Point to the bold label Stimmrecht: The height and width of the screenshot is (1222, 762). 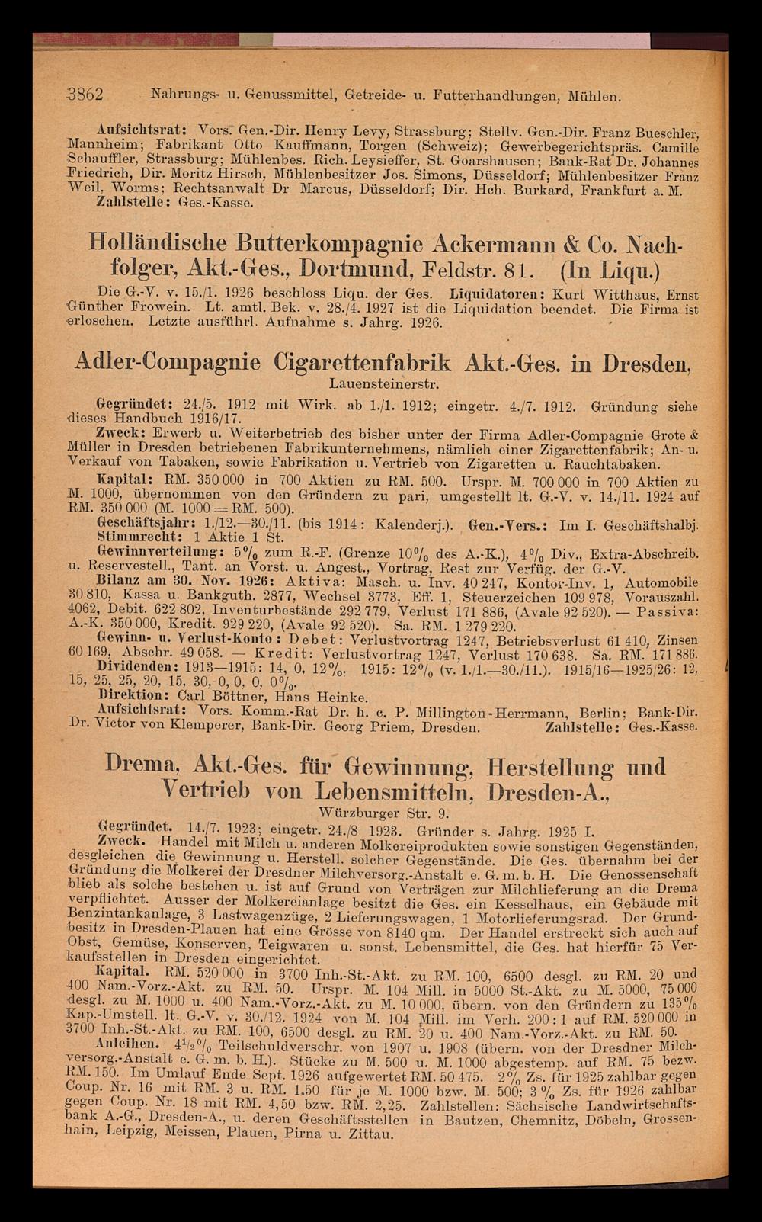pos(128,535)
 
